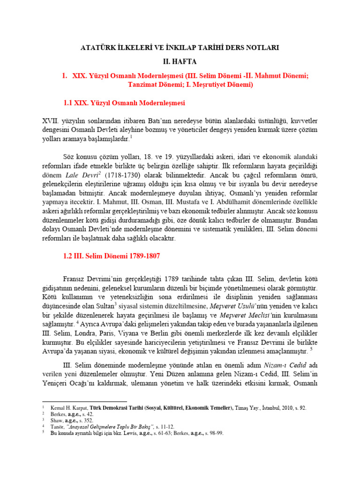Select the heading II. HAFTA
[x=180, y=61]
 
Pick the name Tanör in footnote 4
[x=57, y=427]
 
